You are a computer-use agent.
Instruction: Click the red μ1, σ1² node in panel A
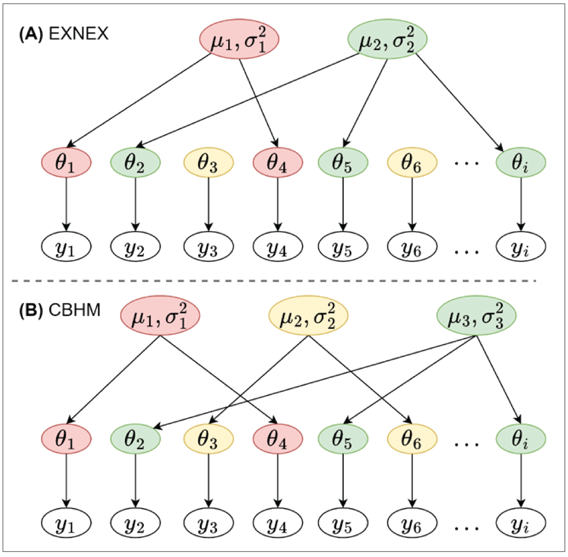click(239, 39)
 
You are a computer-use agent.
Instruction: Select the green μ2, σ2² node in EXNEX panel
click(387, 39)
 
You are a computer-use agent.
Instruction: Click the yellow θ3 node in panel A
click(208, 162)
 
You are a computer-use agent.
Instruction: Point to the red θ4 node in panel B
click(278, 439)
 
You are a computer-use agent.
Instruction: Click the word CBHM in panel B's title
click(74, 310)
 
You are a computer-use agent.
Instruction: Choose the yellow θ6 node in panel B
click(412, 439)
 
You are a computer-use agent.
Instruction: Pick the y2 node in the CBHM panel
click(135, 523)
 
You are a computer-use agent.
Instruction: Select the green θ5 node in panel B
click(343, 439)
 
